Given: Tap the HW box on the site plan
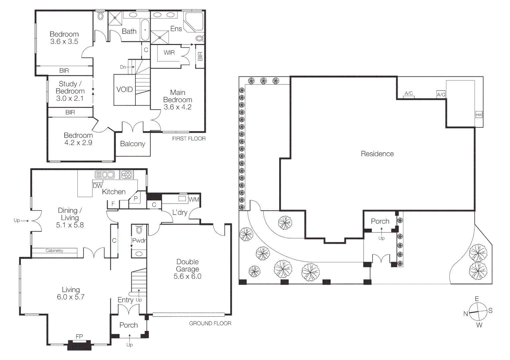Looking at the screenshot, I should click(x=479, y=115).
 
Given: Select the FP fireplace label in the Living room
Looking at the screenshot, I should click(x=79, y=337).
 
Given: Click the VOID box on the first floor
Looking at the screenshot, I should click(x=124, y=89).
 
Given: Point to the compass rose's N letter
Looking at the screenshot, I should click(x=466, y=314).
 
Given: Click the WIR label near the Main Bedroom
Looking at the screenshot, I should click(x=169, y=52).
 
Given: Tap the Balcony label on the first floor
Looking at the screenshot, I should click(x=132, y=144).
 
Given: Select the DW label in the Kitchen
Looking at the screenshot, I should click(x=97, y=186).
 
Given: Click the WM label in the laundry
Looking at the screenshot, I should click(x=193, y=199).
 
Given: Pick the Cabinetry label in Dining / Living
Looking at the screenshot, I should click(x=54, y=250).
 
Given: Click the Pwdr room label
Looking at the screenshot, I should click(x=139, y=240).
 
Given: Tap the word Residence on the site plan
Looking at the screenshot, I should click(x=377, y=154).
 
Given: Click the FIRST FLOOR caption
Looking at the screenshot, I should click(x=189, y=138).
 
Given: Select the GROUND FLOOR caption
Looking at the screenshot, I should click(x=210, y=323).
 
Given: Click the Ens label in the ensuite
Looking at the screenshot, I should click(x=176, y=29).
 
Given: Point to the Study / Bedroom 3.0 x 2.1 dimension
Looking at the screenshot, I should click(x=70, y=98).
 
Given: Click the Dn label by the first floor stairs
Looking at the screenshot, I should click(x=123, y=67).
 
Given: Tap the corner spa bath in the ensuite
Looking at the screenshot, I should click(x=193, y=22).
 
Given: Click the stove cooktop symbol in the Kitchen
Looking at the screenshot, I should click(x=126, y=174).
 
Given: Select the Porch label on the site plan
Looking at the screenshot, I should click(x=380, y=221).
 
